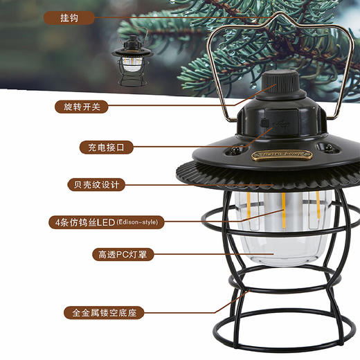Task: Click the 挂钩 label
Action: pyautogui.click(x=69, y=18)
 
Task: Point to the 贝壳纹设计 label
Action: pyautogui.click(x=96, y=185)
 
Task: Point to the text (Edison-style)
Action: pyautogui.click(x=138, y=222)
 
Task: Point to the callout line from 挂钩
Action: pyautogui.click(x=173, y=18)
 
